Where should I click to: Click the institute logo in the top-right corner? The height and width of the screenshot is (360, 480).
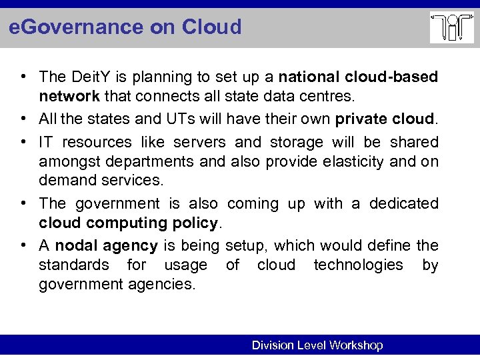(451, 28)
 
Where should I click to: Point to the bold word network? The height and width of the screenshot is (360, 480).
(69, 96)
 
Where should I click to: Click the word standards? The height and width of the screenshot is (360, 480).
(73, 265)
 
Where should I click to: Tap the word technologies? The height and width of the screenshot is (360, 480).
(358, 265)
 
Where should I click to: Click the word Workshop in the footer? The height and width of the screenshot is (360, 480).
(355, 345)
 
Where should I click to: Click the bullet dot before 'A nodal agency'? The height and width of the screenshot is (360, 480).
(25, 245)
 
